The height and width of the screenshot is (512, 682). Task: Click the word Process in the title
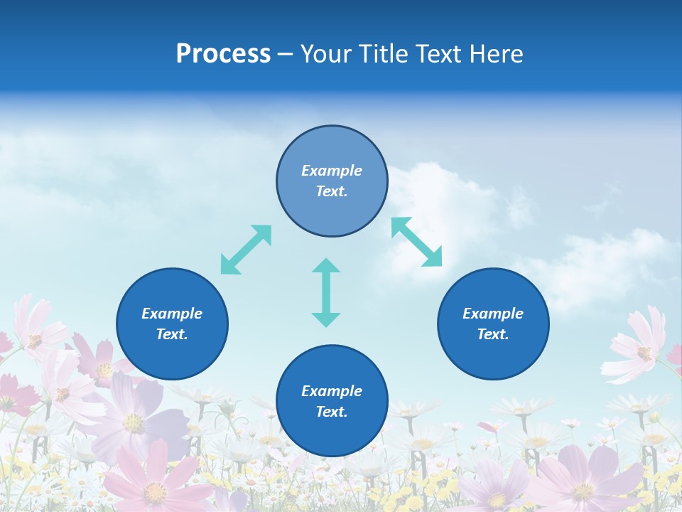click(223, 54)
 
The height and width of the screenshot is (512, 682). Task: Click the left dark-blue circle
click(172, 324)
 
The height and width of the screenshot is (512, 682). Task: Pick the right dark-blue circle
click(493, 324)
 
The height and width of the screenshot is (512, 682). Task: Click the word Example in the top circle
click(332, 171)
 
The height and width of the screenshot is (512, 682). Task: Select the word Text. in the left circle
click(172, 334)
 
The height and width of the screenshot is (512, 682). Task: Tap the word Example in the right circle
click(493, 314)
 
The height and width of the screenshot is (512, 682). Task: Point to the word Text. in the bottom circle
click(332, 412)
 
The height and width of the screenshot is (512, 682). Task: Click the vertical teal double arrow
click(326, 292)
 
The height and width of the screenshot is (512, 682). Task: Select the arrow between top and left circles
click(246, 250)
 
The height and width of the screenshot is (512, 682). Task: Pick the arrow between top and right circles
click(417, 242)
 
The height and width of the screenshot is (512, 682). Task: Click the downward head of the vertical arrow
click(326, 318)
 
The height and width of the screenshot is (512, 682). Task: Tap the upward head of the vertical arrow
click(326, 267)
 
